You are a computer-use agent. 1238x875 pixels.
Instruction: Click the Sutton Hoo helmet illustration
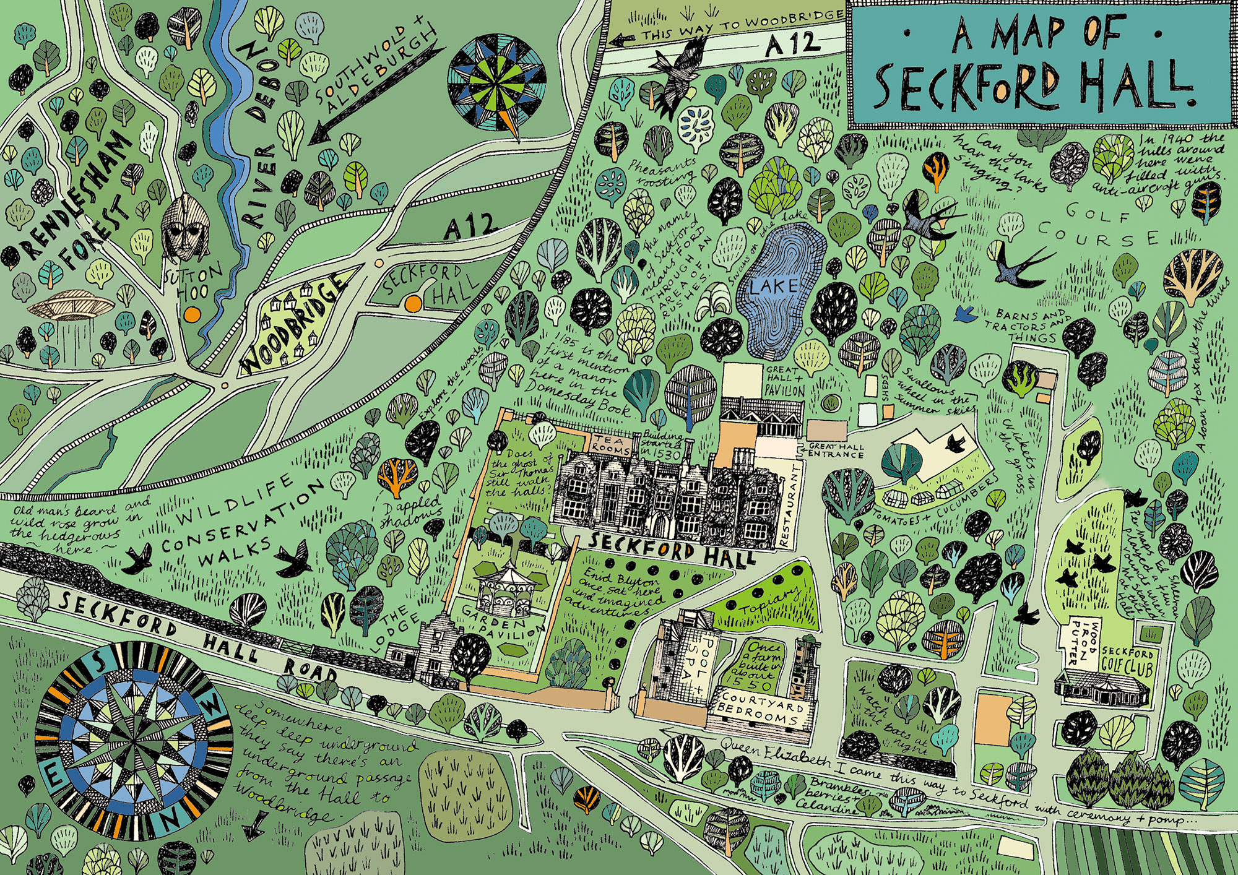tap(184, 226)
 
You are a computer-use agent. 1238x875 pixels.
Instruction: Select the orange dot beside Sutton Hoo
tap(193, 314)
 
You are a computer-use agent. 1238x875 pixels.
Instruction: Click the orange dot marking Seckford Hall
tap(411, 303)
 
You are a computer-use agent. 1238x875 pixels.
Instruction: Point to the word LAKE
tap(774, 286)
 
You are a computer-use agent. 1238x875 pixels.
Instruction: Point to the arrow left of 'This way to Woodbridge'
tap(621, 40)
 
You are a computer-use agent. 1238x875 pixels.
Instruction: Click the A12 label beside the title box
tap(793, 43)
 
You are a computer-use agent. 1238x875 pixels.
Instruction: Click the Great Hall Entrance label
tap(835, 450)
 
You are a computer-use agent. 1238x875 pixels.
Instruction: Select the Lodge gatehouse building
tap(438, 650)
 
